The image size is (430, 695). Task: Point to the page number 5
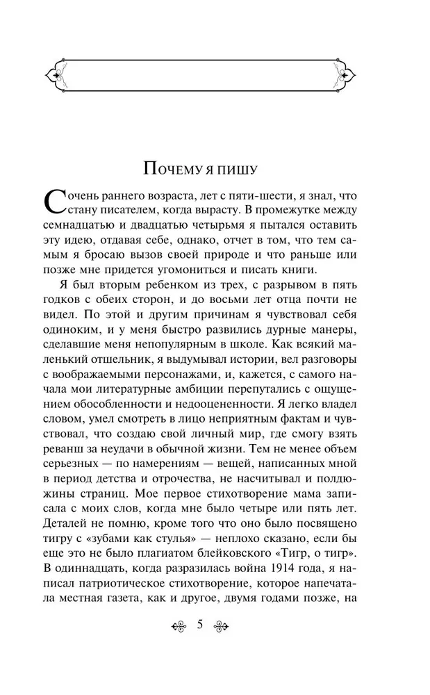pos(201,623)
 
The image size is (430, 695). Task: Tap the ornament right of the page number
pos(222,624)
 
